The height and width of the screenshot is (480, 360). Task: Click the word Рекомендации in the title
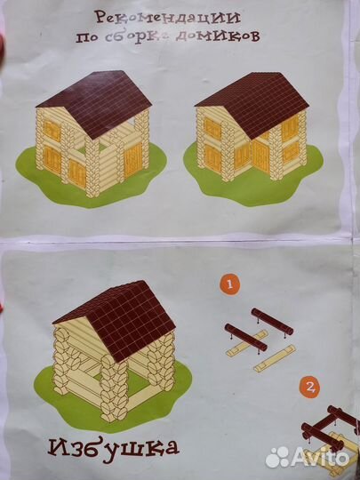pos(167,17)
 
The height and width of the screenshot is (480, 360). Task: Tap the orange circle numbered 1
pos(229,284)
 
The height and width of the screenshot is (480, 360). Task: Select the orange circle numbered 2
pos(309,388)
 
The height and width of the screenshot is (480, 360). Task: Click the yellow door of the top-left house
pos(133,160)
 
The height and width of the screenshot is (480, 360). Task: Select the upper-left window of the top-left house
pos(52,131)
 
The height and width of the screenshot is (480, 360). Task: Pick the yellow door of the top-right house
pos(260,156)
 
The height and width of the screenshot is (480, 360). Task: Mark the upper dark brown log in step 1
pos(272,322)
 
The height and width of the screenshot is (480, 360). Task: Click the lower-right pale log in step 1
pos(275,358)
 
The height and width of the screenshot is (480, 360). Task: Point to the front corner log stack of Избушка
pos(113,388)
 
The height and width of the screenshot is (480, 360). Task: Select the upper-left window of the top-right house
pos(212,128)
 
